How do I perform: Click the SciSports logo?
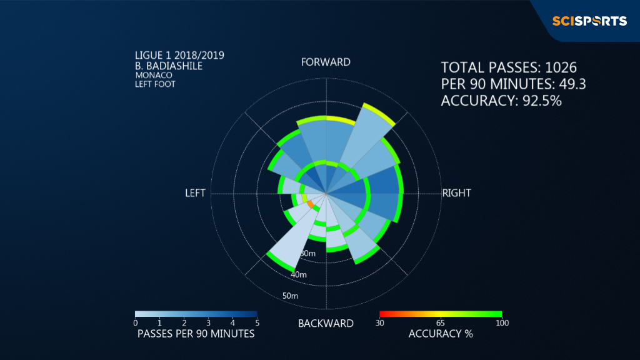coord(589,21)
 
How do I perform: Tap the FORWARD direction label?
coord(326,62)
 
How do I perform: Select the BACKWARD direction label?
coord(326,324)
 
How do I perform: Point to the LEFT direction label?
coord(195,193)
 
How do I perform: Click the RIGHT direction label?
coord(456,193)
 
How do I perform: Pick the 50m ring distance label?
coord(290,296)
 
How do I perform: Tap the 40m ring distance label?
coord(299,275)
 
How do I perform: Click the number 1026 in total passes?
coord(561,67)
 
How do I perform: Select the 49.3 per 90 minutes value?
coord(572,84)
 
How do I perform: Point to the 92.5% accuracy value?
coord(542,101)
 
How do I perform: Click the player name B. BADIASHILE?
coord(169,66)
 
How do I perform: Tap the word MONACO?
coord(154,76)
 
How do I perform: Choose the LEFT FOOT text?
coord(155,84)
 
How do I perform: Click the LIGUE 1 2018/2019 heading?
coord(179,56)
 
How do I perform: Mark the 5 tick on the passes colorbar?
coord(257,323)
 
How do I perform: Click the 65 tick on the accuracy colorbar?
coord(441,323)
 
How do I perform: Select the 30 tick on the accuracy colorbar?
coord(379,323)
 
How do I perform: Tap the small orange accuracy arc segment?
coord(310,204)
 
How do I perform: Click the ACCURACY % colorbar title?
coord(441,334)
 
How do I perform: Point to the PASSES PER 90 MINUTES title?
coord(196,334)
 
